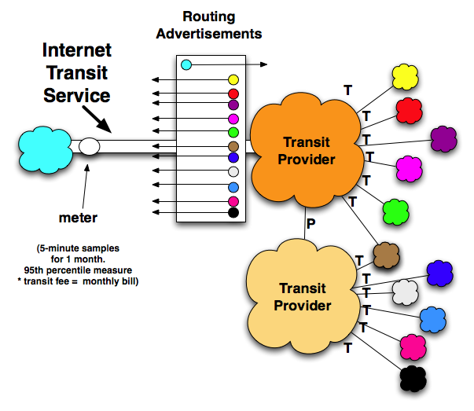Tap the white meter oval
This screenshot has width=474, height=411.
(89, 146)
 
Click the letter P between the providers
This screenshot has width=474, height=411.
(311, 223)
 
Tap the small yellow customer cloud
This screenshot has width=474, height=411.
(406, 75)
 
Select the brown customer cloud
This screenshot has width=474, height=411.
(386, 254)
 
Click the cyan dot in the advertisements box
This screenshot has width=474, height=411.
(186, 64)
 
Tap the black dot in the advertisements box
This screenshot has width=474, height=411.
(233, 212)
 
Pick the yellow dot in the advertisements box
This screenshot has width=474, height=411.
(233, 79)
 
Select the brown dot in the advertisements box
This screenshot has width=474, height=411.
(233, 146)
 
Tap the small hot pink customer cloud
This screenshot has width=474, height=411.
(413, 346)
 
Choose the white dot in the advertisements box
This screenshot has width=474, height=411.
(233, 171)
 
